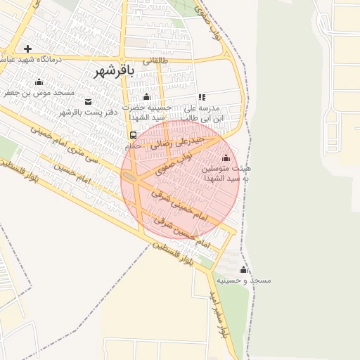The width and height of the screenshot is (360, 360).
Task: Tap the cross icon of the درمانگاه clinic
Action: tap(27, 49)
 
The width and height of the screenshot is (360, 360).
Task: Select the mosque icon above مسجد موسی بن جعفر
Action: tap(38, 82)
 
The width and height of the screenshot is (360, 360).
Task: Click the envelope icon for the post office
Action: tap(87, 102)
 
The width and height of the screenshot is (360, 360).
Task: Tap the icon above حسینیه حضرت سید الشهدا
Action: tap(146, 97)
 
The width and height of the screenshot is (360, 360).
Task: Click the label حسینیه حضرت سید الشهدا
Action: tap(147, 112)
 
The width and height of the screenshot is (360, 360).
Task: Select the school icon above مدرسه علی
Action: tap(202, 98)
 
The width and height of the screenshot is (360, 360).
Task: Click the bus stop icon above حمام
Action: tap(133, 135)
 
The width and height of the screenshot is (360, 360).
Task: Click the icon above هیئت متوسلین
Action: tap(225, 157)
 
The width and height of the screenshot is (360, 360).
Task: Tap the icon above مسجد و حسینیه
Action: tap(244, 269)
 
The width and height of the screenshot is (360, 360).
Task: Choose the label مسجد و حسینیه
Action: tap(243, 280)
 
